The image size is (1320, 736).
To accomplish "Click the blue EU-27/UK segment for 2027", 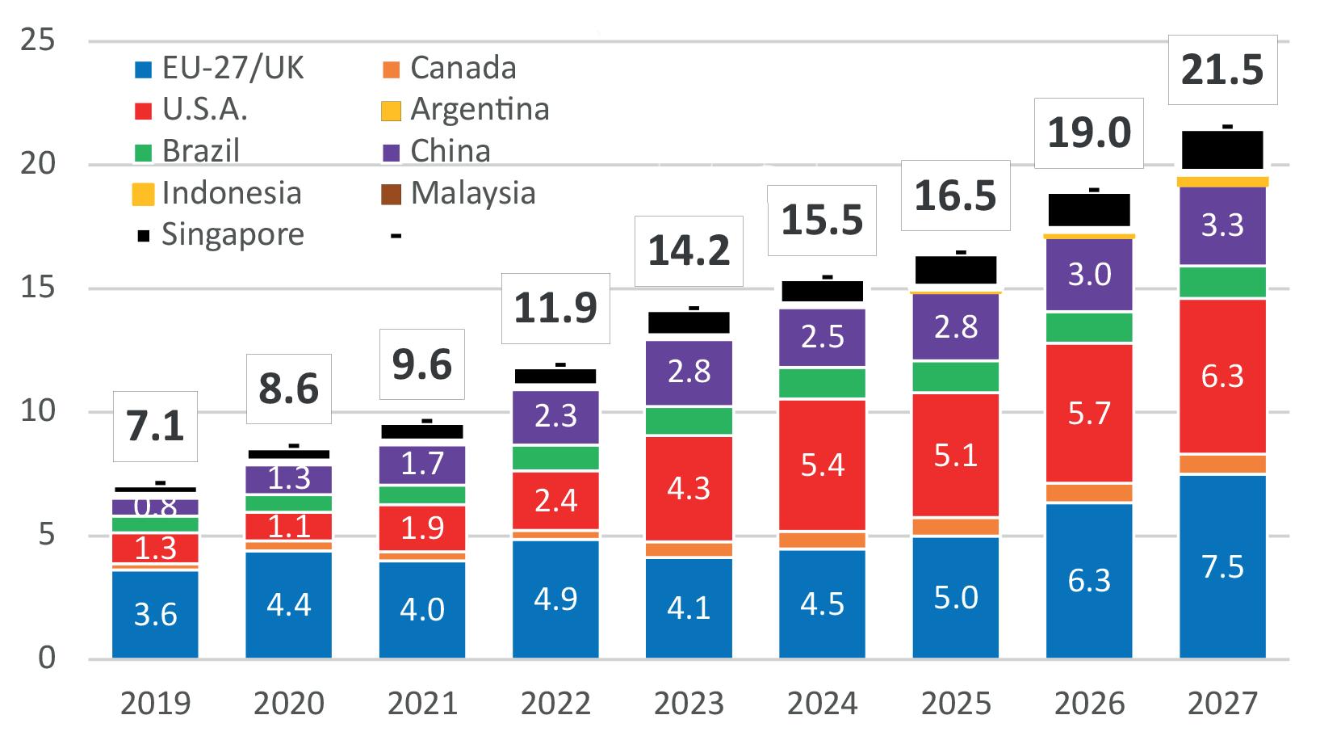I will pyautogui.click(x=1222, y=566).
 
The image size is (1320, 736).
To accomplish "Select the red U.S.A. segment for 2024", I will pyautogui.click(x=822, y=465).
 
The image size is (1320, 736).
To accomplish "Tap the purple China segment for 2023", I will pyautogui.click(x=689, y=372).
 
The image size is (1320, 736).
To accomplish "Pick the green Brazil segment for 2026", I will pyautogui.click(x=1089, y=327).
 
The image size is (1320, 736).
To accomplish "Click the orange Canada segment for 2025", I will pyautogui.click(x=956, y=527).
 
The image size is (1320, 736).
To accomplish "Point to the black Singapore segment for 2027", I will pyautogui.click(x=1222, y=150).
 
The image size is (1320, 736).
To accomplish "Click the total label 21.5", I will pyautogui.click(x=1222, y=70).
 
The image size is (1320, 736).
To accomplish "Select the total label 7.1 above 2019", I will pyautogui.click(x=155, y=426).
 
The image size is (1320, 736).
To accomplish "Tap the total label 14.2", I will pyautogui.click(x=689, y=250).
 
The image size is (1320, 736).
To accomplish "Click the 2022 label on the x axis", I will pyautogui.click(x=555, y=704).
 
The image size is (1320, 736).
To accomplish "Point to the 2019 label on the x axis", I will pyautogui.click(x=155, y=704).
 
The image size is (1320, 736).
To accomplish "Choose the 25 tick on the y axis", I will pyautogui.click(x=38, y=40).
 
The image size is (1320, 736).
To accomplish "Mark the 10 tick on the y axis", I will pyautogui.click(x=38, y=411).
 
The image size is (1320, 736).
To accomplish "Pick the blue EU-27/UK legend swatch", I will pyautogui.click(x=143, y=69).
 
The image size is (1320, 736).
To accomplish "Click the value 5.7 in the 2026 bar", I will pyautogui.click(x=1089, y=414).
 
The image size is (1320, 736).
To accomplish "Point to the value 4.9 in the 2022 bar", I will pyautogui.click(x=555, y=599).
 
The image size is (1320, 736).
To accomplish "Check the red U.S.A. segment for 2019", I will pyautogui.click(x=155, y=549).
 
